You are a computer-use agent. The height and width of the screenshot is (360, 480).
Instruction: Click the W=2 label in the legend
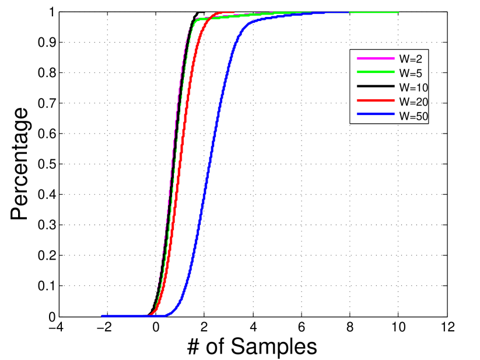click(x=411, y=58)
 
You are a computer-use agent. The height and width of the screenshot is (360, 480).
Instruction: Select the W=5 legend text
click(x=411, y=73)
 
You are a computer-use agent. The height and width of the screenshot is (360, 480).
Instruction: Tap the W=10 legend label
click(x=413, y=88)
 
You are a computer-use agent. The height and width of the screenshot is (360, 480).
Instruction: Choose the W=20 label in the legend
click(x=413, y=102)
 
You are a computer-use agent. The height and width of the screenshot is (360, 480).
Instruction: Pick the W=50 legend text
click(x=413, y=116)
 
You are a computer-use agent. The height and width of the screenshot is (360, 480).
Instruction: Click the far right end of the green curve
click(x=398, y=12)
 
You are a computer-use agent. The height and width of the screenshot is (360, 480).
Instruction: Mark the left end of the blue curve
click(x=103, y=316)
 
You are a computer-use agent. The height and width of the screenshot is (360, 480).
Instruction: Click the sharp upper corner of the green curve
click(x=197, y=20)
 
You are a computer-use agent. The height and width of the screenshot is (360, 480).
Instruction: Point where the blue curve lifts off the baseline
click(x=168, y=314)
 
